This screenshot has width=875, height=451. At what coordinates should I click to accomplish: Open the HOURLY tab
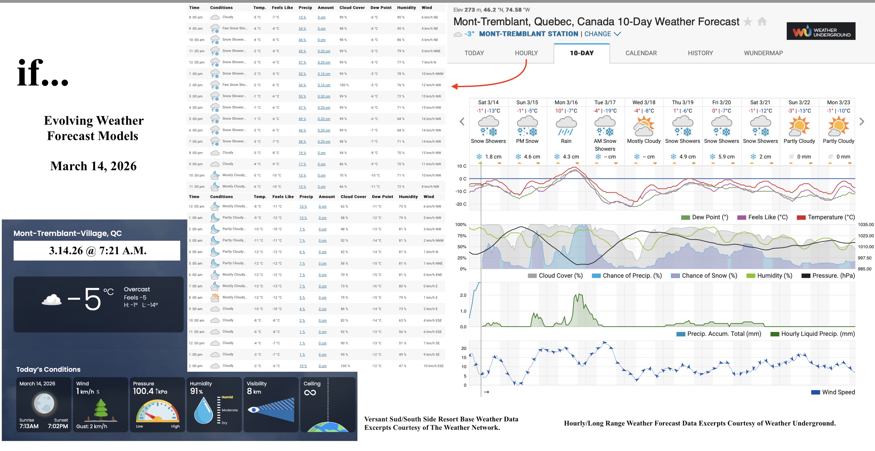(526, 53)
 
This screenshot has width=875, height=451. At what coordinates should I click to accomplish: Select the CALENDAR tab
(641, 53)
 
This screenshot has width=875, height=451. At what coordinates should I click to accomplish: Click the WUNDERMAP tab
(763, 53)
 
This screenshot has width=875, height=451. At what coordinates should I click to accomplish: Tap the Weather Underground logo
(821, 31)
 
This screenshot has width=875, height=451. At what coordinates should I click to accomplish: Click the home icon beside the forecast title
(762, 22)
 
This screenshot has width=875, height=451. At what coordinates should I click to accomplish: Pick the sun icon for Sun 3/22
(799, 126)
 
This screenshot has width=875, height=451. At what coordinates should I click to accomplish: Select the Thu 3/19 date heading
(682, 102)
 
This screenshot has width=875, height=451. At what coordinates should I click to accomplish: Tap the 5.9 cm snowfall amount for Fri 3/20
(726, 157)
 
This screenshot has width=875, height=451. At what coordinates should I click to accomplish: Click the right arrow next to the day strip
(861, 121)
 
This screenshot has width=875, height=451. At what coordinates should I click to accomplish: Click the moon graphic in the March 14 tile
(43, 403)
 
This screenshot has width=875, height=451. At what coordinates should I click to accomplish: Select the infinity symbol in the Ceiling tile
(310, 393)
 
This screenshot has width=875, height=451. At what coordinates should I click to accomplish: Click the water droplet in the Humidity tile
(203, 411)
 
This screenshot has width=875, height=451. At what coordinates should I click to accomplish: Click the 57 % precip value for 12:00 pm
(302, 62)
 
